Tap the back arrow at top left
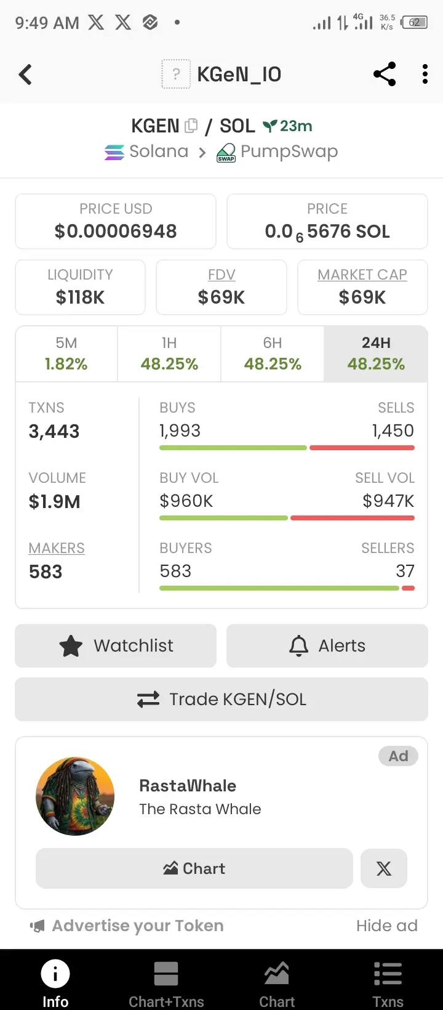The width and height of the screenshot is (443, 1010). (x=25, y=75)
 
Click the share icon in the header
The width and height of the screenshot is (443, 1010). (x=385, y=75)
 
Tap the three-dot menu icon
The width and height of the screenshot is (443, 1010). (x=425, y=75)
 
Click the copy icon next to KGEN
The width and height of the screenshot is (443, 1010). (x=191, y=126)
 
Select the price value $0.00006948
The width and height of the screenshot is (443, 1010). (x=116, y=232)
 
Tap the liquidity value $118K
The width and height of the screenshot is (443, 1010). (x=80, y=297)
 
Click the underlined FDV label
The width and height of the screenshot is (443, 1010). (x=221, y=275)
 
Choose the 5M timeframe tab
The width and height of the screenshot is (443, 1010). (x=66, y=353)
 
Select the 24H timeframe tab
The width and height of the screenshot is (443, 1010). (x=376, y=353)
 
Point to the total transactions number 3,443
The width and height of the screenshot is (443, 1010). (x=54, y=431)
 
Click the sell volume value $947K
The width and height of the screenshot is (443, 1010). (x=388, y=501)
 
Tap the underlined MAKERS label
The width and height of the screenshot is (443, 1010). (x=57, y=548)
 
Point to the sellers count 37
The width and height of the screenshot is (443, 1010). (x=405, y=572)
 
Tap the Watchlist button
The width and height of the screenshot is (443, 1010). (x=116, y=645)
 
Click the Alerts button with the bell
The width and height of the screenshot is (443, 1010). (x=327, y=645)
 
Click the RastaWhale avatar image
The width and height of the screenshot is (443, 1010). (x=75, y=796)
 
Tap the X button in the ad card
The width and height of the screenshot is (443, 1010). (x=384, y=868)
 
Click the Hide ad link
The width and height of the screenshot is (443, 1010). (x=386, y=926)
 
